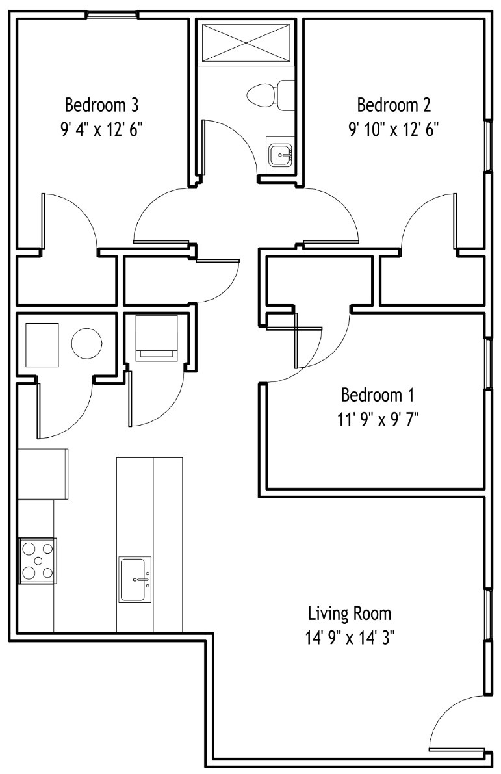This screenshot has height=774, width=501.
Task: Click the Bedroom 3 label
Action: pos(101,105)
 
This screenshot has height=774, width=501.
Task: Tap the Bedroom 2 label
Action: pos(394,105)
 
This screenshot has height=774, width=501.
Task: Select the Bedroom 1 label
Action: pos(378,395)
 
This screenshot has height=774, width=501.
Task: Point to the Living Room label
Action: pos(350,613)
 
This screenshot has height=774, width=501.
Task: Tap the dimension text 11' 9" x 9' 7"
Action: pos(378,420)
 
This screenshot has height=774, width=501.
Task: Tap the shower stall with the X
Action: pos(246,42)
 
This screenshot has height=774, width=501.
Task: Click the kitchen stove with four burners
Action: pos(38,561)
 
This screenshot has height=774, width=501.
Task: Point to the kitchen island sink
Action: pos(135,580)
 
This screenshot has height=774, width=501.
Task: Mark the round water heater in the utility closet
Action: pos(87,343)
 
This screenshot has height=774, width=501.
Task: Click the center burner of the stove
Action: pos(38,561)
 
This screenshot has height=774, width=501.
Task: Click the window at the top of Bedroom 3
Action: pos(112,16)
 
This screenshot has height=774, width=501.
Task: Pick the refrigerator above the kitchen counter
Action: pos(43,474)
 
